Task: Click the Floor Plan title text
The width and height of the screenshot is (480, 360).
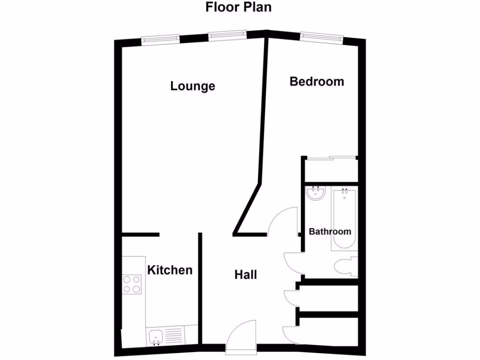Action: coord(239,7)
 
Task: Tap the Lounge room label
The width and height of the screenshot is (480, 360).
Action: coord(193,86)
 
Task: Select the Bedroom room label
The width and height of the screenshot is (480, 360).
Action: coord(317,82)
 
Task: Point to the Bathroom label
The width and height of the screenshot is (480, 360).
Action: coord(330,232)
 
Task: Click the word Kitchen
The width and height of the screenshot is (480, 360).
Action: coord(170,270)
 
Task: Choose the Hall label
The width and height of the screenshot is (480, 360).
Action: coord(246,275)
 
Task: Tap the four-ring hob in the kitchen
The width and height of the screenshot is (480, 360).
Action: coord(132,284)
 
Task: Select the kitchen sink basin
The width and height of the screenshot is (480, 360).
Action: coord(156,336)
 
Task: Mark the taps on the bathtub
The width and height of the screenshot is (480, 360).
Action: coord(345,191)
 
